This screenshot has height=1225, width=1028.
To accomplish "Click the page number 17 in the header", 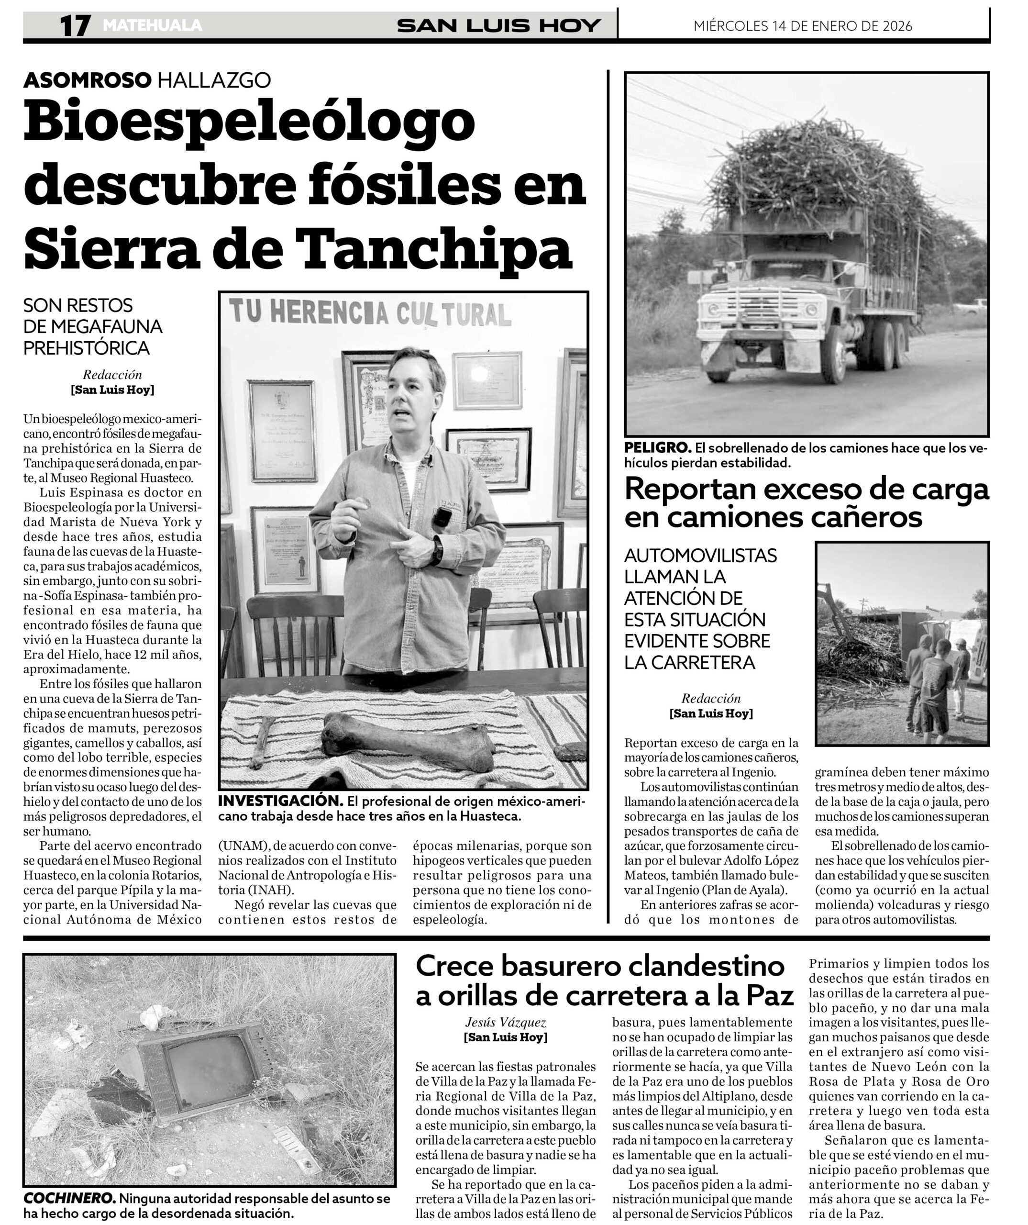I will click(x=75, y=26).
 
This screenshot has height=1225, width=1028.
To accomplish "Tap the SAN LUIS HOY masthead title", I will click(x=498, y=26).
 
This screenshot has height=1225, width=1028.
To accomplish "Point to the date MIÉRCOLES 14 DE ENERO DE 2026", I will click(x=802, y=26).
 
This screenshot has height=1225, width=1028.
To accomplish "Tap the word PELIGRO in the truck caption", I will click(x=657, y=448).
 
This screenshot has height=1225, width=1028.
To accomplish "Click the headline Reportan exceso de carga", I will click(x=807, y=489).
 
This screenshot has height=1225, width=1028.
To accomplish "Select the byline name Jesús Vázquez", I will click(x=506, y=1022).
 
